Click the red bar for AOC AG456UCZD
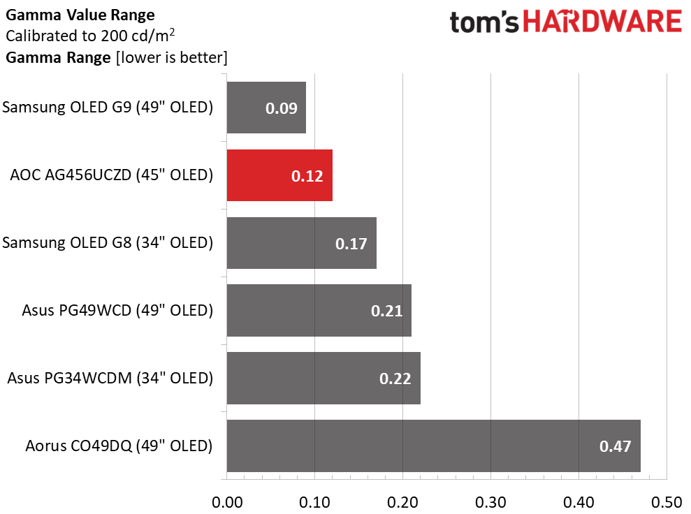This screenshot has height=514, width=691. (x=279, y=175)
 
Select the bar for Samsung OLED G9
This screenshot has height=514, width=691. (x=266, y=108)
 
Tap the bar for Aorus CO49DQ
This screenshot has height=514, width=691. (x=434, y=446)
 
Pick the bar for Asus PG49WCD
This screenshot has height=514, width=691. (x=319, y=311)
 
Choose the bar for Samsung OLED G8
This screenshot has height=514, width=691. (x=301, y=243)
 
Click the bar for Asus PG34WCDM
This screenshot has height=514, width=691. (x=323, y=378)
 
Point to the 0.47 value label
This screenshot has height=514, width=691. (x=616, y=446)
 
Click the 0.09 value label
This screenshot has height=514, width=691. (x=281, y=108)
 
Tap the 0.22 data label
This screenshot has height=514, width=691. (x=395, y=379)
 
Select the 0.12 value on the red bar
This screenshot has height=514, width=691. (x=307, y=176)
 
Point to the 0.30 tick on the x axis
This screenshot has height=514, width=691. (x=490, y=502)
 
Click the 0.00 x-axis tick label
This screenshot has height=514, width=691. (x=227, y=502)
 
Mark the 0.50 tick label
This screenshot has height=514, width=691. (x=667, y=502)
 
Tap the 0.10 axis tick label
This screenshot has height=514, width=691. (x=314, y=502)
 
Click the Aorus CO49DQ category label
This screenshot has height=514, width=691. (x=119, y=446)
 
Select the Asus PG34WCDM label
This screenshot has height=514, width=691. (x=110, y=378)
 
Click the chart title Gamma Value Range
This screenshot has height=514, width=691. (x=80, y=15)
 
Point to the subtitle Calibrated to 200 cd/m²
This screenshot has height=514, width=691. (x=90, y=36)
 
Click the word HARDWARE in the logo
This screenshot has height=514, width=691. (x=603, y=22)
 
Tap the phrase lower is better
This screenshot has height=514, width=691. (x=171, y=58)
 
